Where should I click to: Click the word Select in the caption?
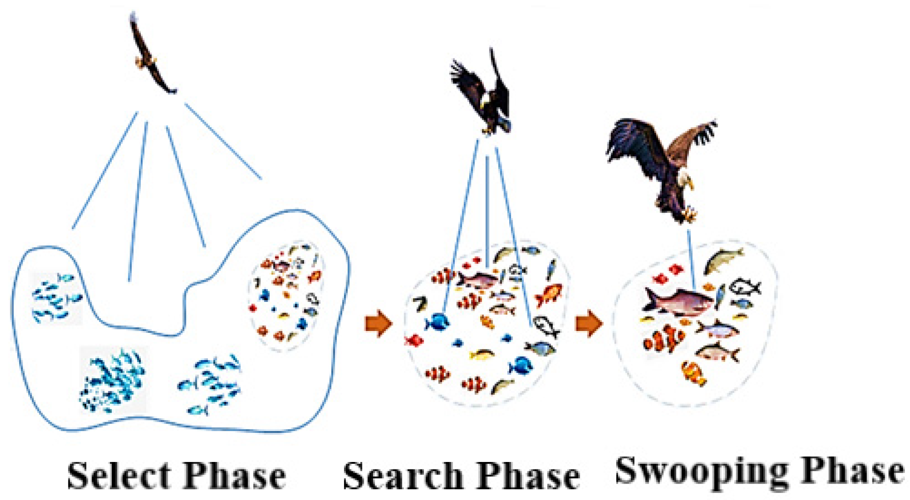(119, 476)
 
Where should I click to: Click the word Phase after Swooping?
(852, 471)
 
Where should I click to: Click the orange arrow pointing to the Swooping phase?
(589, 323)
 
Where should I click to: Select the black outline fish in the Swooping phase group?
(745, 287)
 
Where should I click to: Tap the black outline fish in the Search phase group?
(546, 325)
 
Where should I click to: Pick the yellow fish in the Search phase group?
(482, 354)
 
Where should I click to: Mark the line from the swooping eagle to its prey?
(691, 258)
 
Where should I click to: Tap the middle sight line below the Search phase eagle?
(488, 209)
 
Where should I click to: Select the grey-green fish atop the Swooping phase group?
(723, 261)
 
